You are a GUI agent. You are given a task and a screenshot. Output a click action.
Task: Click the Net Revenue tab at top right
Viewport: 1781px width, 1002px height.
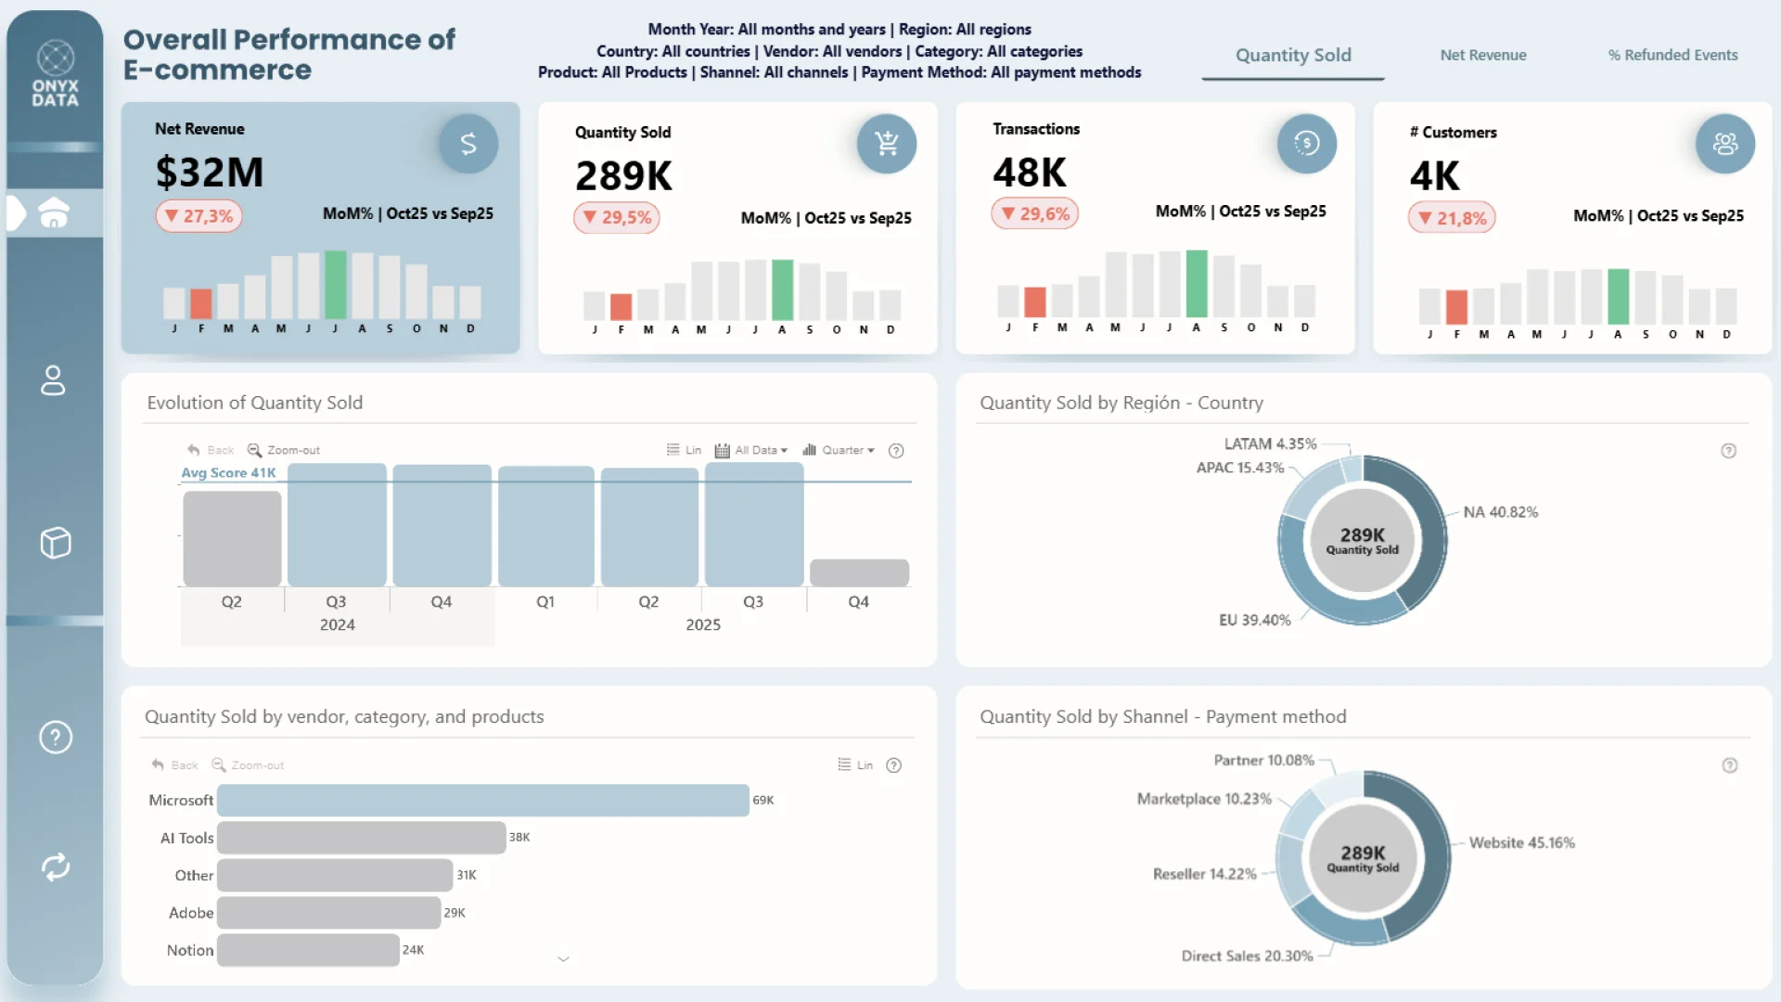coord(1482,55)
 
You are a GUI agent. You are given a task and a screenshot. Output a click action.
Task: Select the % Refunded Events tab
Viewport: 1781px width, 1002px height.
coord(1672,55)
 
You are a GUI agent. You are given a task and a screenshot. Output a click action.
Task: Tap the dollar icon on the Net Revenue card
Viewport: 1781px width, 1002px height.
coord(468,144)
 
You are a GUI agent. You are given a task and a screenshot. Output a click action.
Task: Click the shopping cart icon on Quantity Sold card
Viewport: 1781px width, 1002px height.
coord(887,144)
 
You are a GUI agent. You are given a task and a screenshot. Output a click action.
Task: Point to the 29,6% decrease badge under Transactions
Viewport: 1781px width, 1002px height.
coord(1035,214)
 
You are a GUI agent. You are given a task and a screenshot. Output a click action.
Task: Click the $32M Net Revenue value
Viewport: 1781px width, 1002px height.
coord(210,173)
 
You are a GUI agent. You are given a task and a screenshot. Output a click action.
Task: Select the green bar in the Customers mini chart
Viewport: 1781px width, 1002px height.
coord(1618,296)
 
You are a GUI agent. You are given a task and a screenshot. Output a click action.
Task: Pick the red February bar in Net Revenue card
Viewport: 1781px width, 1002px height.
coord(200,303)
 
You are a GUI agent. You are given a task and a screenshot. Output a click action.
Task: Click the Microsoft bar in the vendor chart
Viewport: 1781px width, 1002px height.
coord(482,801)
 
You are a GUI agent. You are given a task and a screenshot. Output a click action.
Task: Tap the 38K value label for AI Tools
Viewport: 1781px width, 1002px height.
coord(519,838)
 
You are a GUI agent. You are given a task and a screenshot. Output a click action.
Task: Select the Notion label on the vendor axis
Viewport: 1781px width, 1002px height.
coord(190,950)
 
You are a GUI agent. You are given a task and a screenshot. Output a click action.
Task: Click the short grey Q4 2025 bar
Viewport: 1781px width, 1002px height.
coord(859,572)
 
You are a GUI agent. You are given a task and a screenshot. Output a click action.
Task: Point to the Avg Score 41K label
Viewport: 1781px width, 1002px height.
coord(228,473)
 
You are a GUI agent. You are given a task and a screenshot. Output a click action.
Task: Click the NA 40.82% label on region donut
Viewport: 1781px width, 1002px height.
coord(1500,512)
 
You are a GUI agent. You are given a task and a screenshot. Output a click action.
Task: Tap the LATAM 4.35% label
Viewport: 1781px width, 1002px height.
coord(1270,444)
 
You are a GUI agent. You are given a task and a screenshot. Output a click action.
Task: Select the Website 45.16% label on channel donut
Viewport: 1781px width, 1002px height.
coord(1521,843)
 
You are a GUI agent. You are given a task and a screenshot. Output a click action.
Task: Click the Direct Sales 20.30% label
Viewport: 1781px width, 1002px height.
coord(1247,957)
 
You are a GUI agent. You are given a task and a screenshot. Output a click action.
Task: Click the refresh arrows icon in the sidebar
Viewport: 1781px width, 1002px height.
coord(56,867)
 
